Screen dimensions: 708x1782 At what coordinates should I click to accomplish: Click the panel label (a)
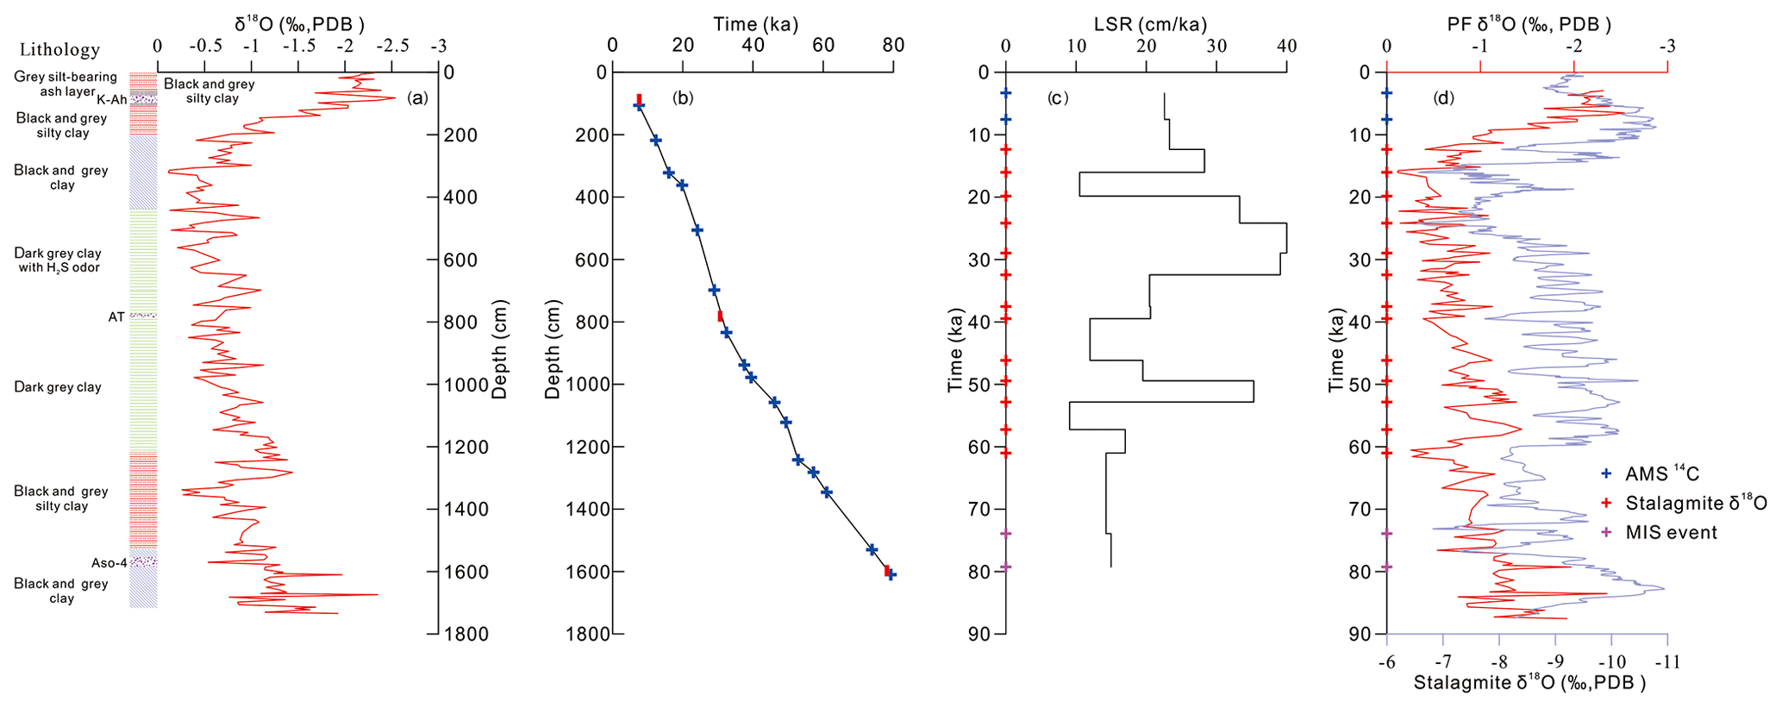417,98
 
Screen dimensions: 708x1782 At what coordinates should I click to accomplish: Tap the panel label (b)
682,98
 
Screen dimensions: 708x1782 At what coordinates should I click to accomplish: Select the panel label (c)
1058,98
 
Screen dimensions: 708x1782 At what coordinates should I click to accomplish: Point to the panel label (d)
1443,98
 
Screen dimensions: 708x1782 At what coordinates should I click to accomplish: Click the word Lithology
59,49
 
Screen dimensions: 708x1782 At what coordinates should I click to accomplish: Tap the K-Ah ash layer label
112,100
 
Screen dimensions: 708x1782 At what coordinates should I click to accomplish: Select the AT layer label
116,317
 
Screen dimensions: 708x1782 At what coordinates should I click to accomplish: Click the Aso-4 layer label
109,563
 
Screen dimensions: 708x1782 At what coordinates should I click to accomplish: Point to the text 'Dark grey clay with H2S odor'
58,260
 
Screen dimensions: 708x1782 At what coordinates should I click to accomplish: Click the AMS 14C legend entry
1661,473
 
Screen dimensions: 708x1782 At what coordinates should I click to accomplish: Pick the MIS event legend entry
1671,533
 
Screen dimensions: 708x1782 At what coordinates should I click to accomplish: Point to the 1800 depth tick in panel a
467,635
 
